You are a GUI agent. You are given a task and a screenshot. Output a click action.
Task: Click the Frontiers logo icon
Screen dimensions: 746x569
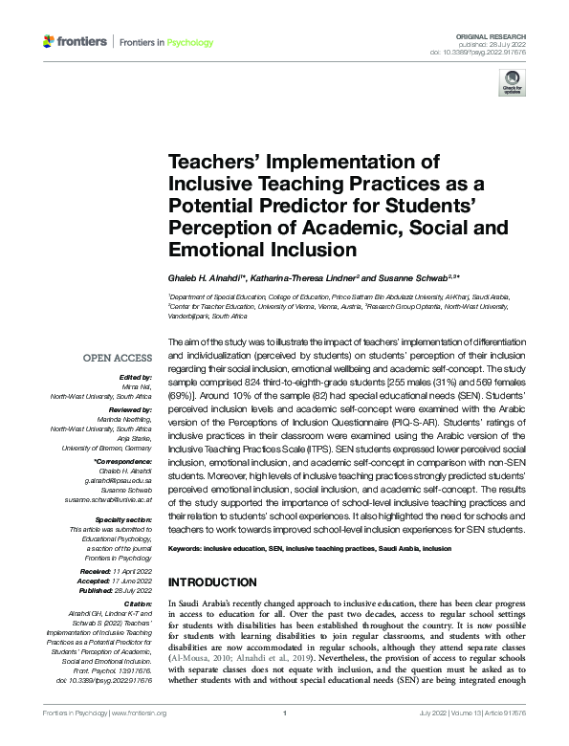[x=49, y=41]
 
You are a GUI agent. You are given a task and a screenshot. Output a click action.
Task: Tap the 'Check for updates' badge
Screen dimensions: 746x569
[x=513, y=84]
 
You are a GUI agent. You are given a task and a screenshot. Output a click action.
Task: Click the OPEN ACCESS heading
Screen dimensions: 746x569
[x=118, y=358]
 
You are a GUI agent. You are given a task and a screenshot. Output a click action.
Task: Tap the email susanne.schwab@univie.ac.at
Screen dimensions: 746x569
[x=108, y=485]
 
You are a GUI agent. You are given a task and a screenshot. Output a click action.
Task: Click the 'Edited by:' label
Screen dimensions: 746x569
[x=136, y=378]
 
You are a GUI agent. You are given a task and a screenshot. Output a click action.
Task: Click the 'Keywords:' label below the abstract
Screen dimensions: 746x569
[x=189, y=550]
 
